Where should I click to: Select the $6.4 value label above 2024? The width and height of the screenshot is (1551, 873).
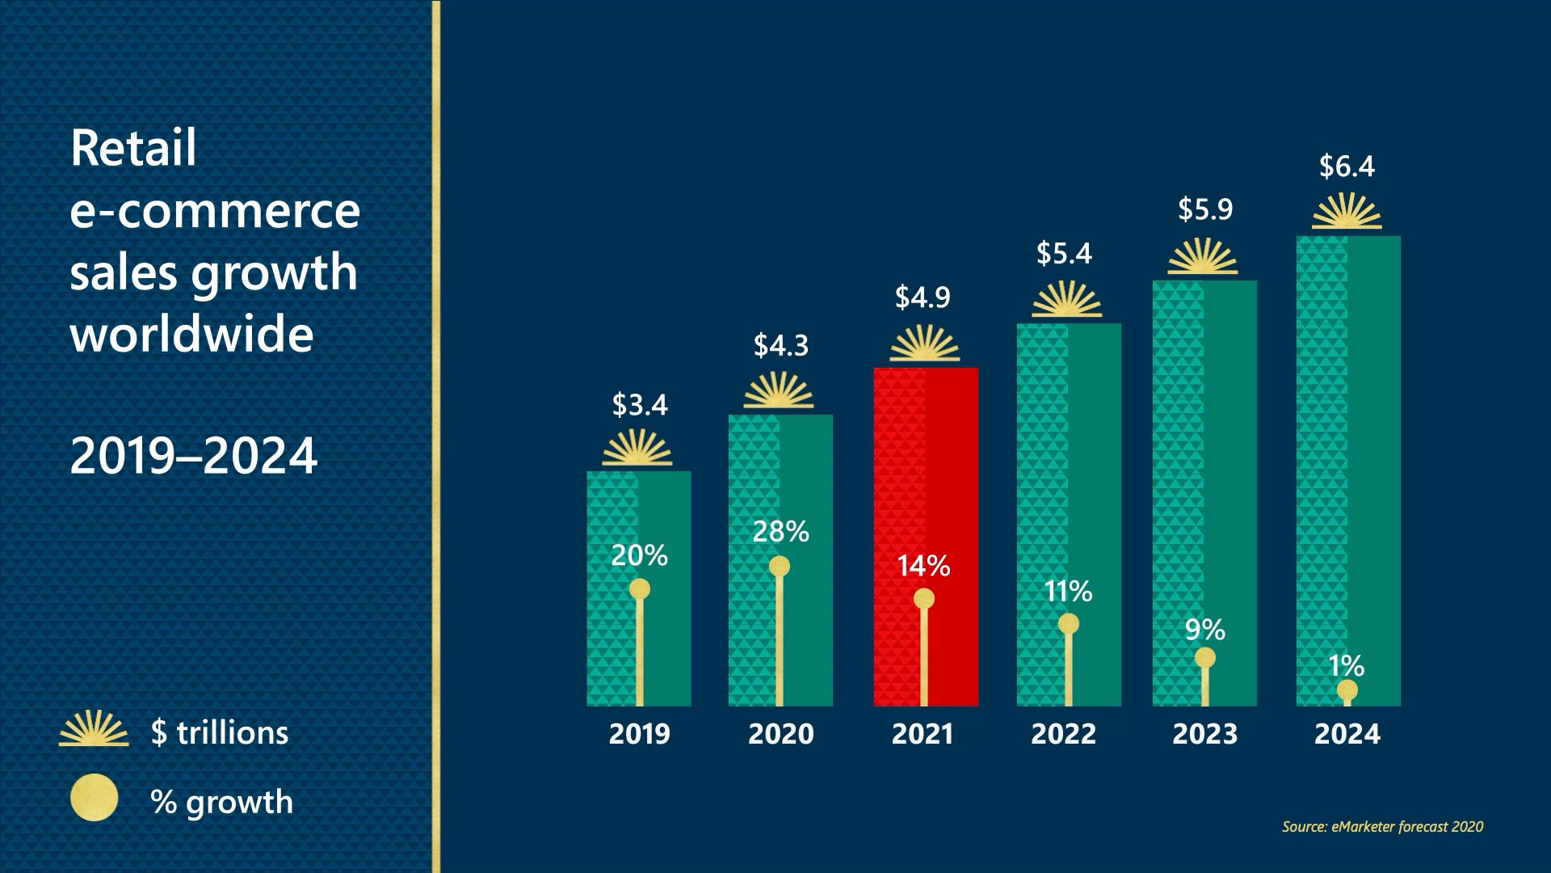pos(1347,167)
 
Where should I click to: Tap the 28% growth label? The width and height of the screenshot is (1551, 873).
pos(780,532)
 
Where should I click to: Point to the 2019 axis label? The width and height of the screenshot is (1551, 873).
pos(639,734)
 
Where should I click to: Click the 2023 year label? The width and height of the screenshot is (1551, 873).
pos(1204,734)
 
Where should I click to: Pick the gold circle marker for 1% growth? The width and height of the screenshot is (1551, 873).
pos(1347,690)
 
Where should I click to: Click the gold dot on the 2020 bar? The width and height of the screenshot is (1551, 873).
pos(780,566)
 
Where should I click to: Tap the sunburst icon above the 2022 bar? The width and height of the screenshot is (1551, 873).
pos(1067,300)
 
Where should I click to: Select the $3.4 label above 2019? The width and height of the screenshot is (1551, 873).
pos(640,404)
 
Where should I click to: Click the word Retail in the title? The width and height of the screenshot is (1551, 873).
pos(133,149)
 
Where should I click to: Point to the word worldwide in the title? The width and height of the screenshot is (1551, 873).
pos(191,334)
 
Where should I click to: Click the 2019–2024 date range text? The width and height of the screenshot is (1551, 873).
pos(194,456)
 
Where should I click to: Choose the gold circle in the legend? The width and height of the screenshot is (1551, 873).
pos(94,798)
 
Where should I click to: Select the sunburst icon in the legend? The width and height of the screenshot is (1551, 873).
pos(94,728)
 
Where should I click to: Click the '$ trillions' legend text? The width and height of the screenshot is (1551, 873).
pos(220,733)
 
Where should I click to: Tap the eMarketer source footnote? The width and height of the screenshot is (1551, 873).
pos(1382,826)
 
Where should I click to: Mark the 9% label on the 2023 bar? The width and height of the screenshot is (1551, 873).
pos(1204,630)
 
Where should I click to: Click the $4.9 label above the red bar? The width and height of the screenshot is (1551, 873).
pos(923,297)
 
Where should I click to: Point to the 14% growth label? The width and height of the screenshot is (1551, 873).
pos(923,566)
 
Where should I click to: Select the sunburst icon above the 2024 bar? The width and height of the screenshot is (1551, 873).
pos(1347,212)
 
